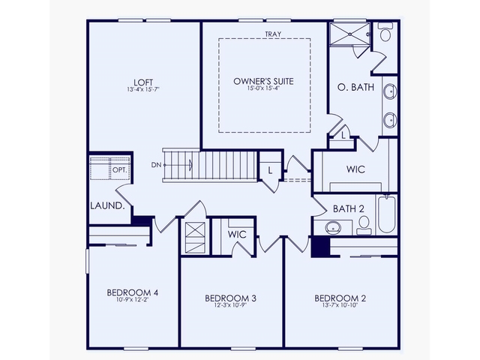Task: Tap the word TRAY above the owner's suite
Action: click(272, 34)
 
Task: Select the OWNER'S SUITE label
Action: click(263, 80)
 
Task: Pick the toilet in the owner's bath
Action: click(385, 34)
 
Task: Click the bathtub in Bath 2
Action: click(387, 214)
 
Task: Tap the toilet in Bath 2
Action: click(364, 223)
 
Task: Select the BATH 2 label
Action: click(349, 208)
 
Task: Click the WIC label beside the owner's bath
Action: click(355, 169)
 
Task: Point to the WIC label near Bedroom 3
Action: click(237, 234)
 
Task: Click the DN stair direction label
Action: click(155, 164)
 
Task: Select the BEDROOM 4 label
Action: click(132, 292)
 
